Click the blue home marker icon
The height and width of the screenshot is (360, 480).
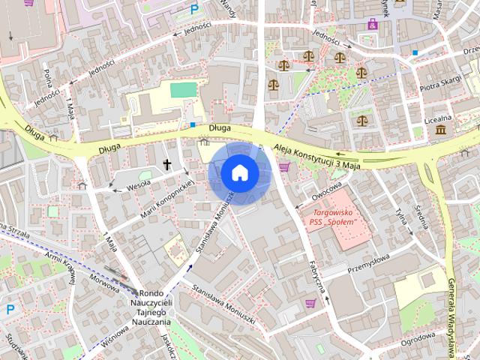pyautogui.click(x=239, y=172)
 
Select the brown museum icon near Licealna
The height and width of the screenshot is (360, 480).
pyautogui.click(x=439, y=130)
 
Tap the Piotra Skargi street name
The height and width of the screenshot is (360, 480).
pyautogui.click(x=440, y=87)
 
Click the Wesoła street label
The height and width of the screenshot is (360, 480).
pyautogui.click(x=139, y=181)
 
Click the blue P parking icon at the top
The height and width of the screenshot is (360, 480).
pyautogui.click(x=194, y=10)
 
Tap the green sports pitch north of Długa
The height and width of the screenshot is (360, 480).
pyautogui.click(x=182, y=90)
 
